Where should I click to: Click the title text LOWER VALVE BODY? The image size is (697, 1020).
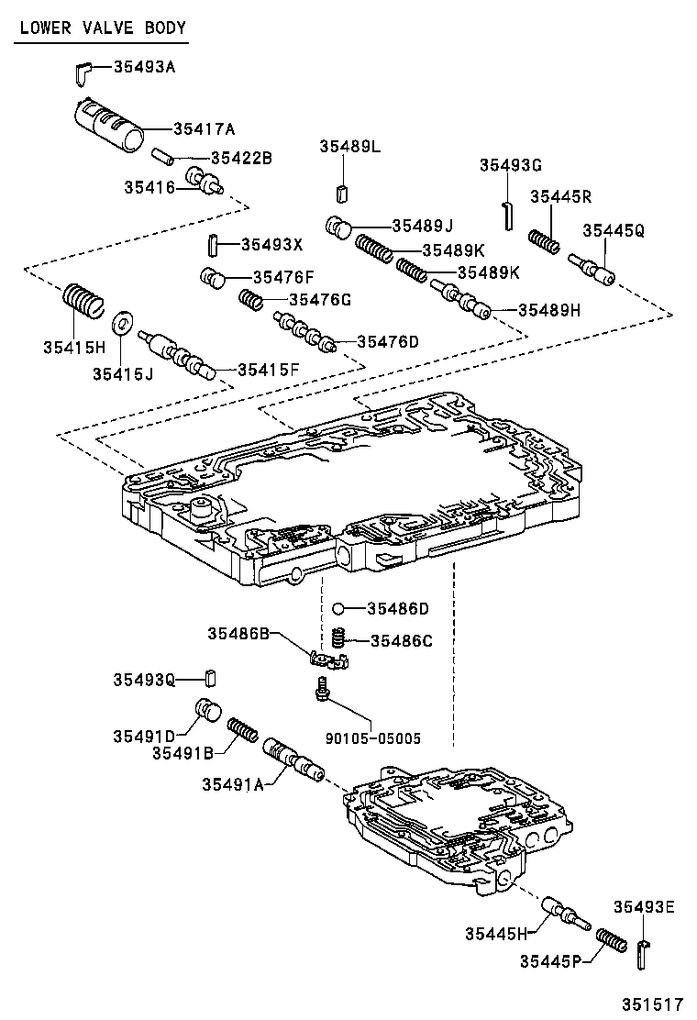coord(102,28)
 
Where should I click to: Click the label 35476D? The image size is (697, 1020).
coord(387,342)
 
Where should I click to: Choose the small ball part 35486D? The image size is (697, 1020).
coord(338,608)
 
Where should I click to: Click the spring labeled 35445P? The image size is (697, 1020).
coord(610,940)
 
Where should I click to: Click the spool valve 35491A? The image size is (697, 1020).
coord(291,760)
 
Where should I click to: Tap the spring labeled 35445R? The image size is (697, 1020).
coord(547,240)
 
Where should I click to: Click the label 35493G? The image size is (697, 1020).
coord(511,165)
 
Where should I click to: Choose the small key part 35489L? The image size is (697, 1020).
coord(342,193)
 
